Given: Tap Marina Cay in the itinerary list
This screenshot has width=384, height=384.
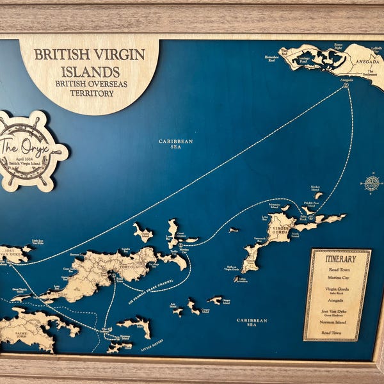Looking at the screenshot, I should [337, 278].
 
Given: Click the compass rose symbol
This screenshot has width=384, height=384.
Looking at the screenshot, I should [371, 184].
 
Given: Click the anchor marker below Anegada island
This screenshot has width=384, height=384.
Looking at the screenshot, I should [346, 84].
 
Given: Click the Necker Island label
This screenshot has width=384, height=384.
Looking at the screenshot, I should [316, 188].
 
